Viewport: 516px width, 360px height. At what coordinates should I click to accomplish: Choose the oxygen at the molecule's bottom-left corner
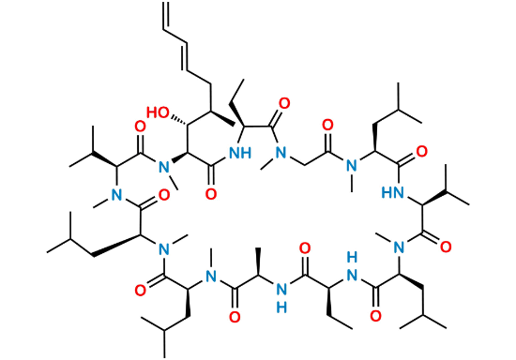coord(139,290)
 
